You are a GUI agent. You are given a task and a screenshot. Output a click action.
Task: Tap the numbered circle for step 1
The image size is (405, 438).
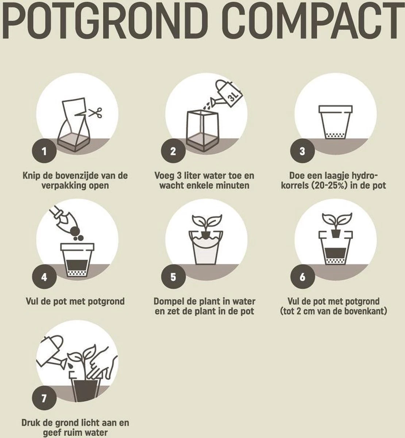(44, 151)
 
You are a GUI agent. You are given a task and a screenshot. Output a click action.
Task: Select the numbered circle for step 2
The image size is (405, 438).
(173, 151)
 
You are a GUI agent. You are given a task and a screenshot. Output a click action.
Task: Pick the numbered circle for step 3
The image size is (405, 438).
(302, 151)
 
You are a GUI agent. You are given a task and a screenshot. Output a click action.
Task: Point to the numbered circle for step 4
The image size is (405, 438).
(44, 277)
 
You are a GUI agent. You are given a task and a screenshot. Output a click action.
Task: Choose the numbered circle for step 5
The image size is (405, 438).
(173, 277)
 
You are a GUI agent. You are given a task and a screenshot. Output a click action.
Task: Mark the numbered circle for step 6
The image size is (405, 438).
(302, 277)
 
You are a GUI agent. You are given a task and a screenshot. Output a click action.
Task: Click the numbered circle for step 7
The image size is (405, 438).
(44, 397)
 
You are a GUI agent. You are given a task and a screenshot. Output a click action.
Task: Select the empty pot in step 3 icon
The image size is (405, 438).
(335, 122)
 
